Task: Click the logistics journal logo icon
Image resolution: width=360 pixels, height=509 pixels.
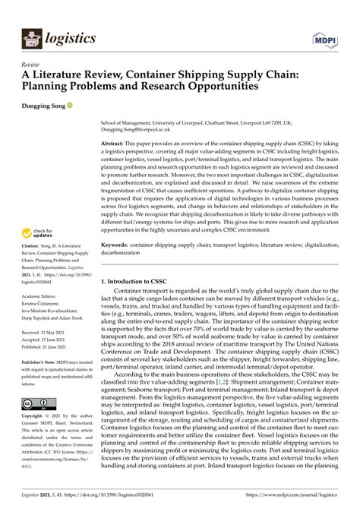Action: coord(31,37)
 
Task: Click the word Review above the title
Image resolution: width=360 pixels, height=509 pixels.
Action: coord(31,65)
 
